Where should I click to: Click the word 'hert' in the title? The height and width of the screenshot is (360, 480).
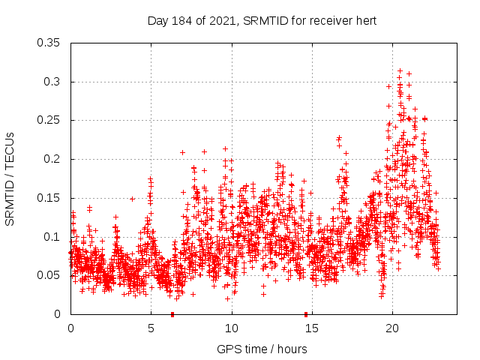pyautogui.click(x=365, y=21)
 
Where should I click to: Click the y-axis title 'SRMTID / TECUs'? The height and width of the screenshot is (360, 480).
pyautogui.click(x=10, y=178)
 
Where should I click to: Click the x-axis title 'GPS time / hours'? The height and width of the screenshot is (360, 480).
pyautogui.click(x=262, y=349)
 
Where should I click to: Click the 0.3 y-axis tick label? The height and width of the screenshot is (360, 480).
pyautogui.click(x=52, y=82)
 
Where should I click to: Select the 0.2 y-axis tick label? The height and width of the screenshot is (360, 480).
pyautogui.click(x=52, y=159)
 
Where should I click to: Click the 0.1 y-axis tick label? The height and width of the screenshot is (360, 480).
pyautogui.click(x=52, y=236)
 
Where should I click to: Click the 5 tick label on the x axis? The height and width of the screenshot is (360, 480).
pyautogui.click(x=151, y=328)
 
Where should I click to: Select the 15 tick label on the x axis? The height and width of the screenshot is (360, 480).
pyautogui.click(x=312, y=328)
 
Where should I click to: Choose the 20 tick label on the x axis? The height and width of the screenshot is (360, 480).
pyautogui.click(x=392, y=328)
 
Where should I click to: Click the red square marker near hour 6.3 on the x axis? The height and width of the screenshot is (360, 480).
pyautogui.click(x=172, y=314)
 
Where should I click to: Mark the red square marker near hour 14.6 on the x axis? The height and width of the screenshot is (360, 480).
pyautogui.click(x=306, y=314)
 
